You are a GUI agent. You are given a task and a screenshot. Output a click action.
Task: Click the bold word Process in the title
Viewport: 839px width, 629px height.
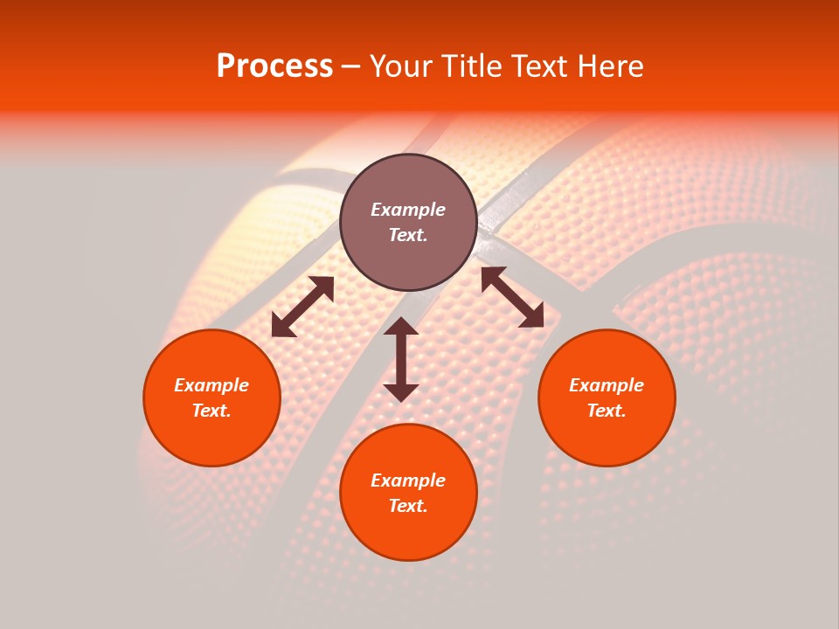274,66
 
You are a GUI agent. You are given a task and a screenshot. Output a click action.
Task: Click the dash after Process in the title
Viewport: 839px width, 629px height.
350,67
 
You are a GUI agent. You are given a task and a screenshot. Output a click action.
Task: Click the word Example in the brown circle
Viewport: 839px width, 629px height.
408,210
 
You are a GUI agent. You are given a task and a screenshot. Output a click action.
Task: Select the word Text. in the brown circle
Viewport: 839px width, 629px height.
408,235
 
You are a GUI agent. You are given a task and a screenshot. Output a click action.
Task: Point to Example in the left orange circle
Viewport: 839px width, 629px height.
211,385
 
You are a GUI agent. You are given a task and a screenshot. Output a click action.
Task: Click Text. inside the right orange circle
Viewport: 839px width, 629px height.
607,411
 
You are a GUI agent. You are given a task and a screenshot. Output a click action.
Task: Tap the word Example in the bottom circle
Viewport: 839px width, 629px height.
408,480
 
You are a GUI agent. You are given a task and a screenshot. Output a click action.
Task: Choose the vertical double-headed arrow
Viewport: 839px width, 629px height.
401,359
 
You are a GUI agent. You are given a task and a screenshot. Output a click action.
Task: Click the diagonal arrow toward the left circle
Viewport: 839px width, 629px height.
302,307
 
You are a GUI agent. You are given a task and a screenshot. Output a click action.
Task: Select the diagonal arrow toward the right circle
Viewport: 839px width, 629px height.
512,297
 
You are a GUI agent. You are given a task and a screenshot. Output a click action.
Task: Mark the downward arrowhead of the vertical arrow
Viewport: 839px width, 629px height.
401,391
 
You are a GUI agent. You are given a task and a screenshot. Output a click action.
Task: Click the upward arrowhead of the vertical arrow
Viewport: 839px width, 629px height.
401,327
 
